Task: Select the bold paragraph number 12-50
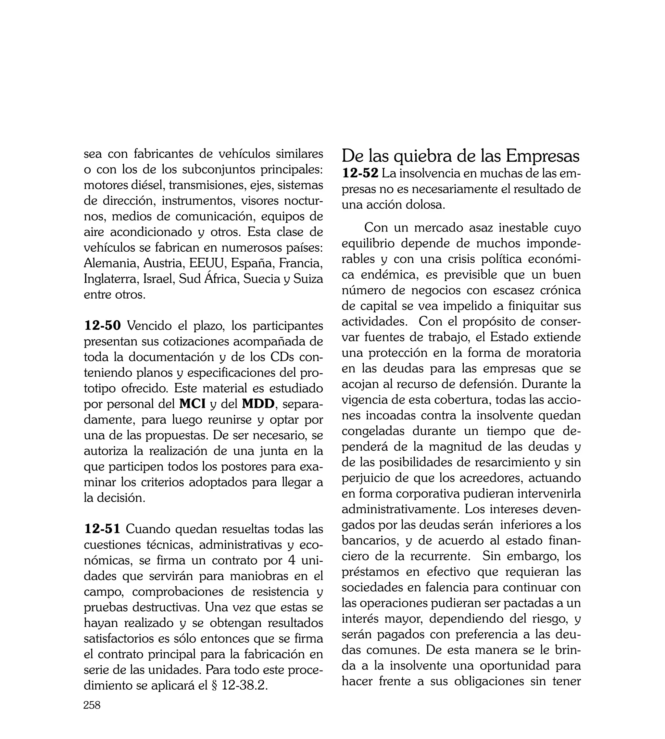pyautogui.click(x=102, y=325)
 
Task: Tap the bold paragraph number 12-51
pyautogui.click(x=102, y=529)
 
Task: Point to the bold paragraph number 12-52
pyautogui.click(x=360, y=173)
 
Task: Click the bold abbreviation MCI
pyautogui.click(x=192, y=404)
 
